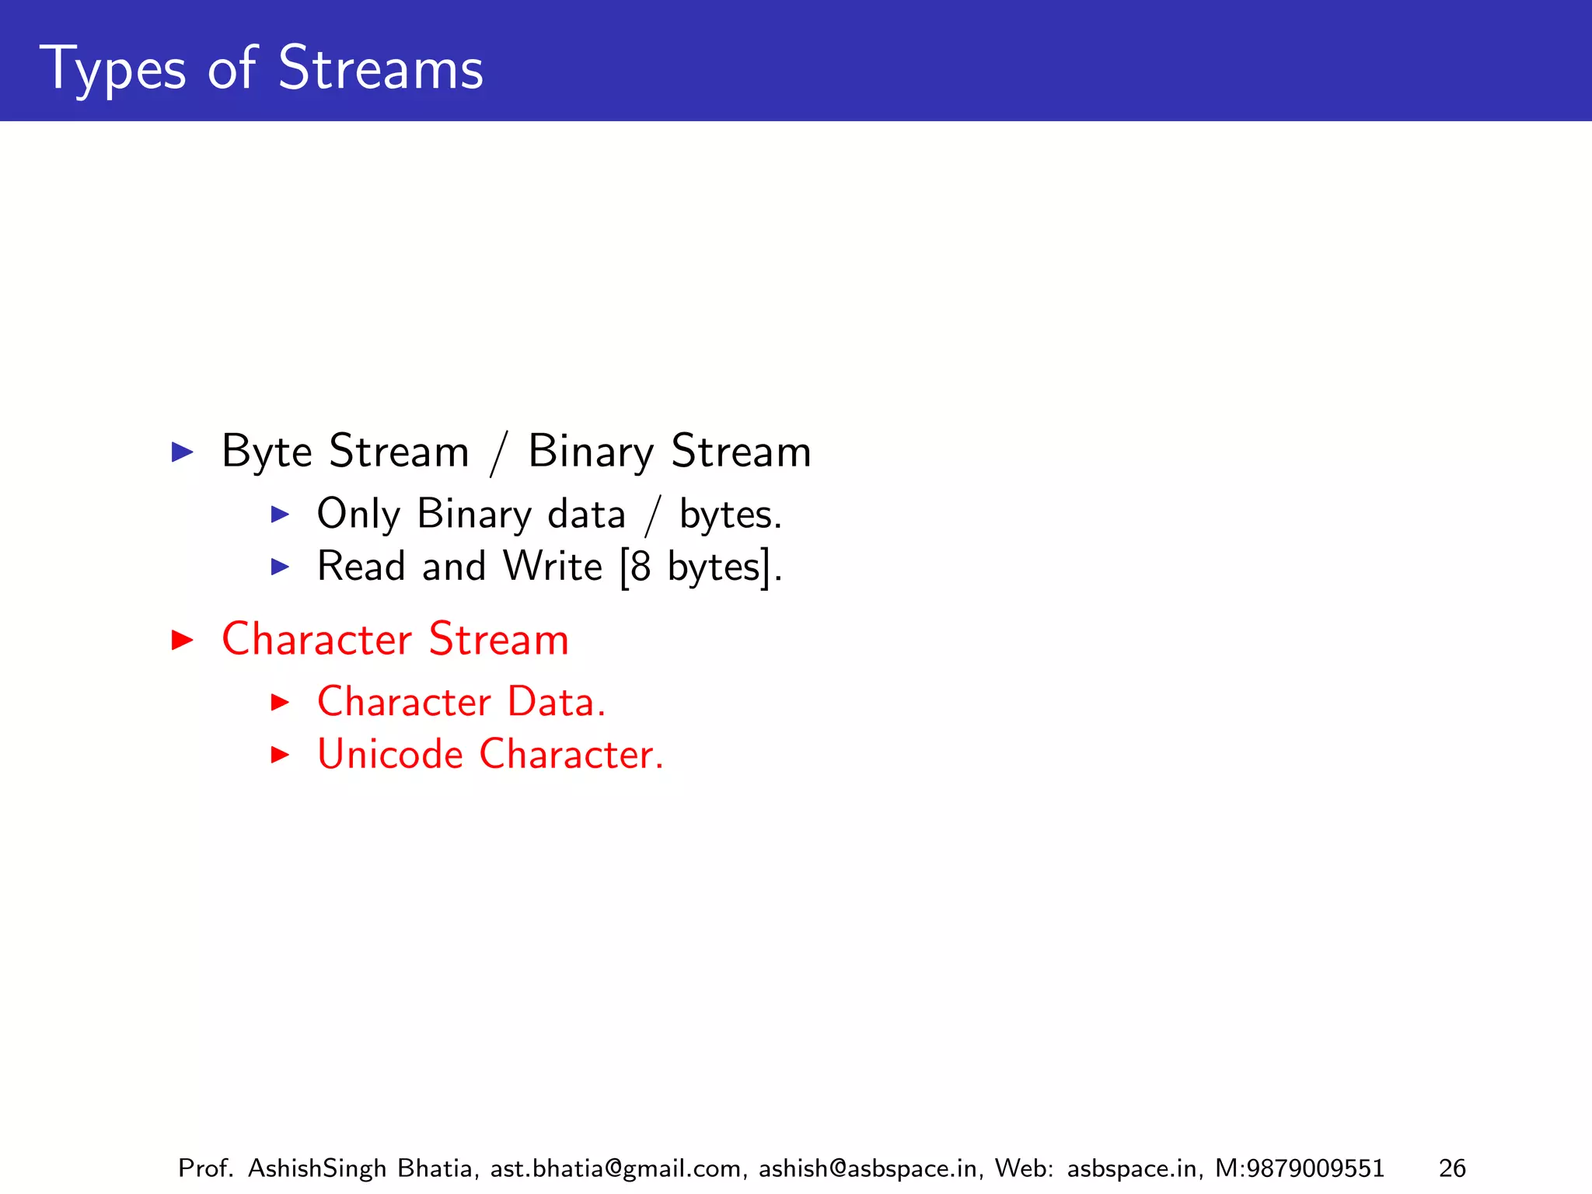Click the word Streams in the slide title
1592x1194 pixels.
(380, 68)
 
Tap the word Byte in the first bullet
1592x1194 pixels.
(267, 452)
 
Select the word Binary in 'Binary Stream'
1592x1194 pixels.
(591, 452)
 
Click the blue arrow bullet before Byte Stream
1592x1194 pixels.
(182, 452)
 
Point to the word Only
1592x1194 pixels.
(358, 515)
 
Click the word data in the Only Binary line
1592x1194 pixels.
(586, 515)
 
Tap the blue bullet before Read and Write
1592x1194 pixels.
(280, 567)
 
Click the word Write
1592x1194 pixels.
(552, 567)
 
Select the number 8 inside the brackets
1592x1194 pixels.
(641, 567)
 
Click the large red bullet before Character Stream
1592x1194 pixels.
(182, 640)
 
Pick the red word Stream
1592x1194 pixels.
(498, 640)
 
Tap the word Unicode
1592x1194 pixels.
(390, 754)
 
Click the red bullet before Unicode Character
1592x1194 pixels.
(280, 754)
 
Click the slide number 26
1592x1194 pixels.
(1451, 1168)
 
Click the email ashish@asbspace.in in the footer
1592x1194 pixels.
(868, 1168)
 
